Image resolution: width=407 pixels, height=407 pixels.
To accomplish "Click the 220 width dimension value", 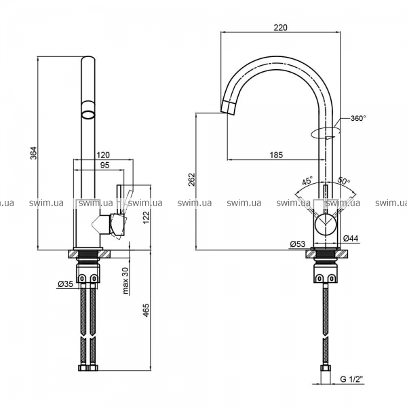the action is click(281, 28).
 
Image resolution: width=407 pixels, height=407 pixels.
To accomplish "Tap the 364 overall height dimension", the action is click(34, 153).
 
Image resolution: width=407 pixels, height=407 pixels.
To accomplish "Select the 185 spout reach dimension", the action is click(276, 155).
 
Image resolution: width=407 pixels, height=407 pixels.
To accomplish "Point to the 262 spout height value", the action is click(191, 179).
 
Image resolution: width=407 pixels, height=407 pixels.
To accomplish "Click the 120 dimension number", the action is click(103, 155).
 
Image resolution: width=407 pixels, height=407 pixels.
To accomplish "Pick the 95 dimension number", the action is click(104, 165).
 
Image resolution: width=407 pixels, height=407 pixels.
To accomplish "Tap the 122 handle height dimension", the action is click(147, 218).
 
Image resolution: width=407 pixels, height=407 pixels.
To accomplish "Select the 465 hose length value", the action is click(147, 310).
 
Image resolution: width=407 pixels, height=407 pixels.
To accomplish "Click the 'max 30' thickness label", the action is click(126, 281).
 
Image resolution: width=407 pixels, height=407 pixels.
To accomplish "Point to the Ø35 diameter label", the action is click(65, 284).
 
